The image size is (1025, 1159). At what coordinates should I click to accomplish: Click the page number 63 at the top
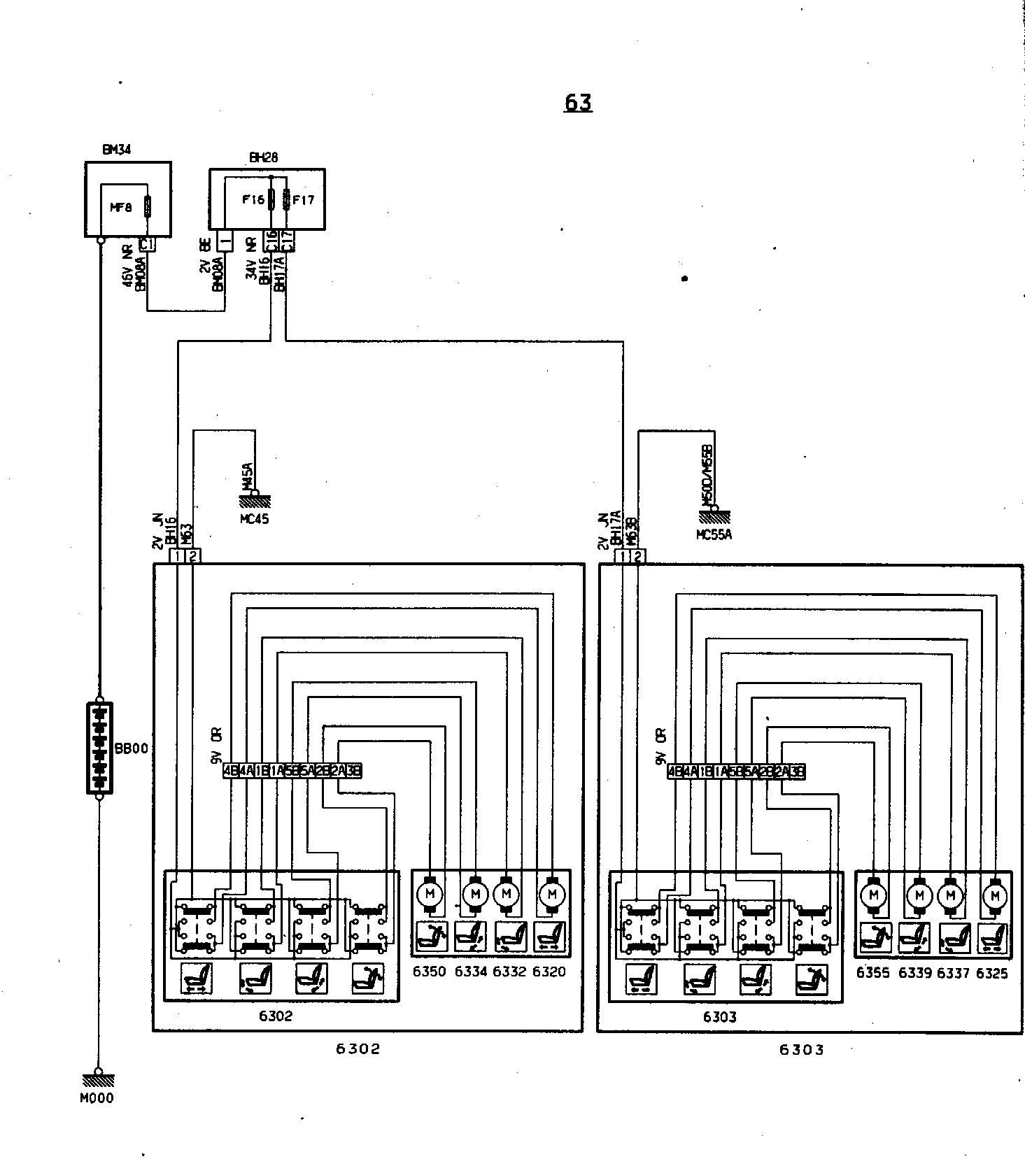[578, 103]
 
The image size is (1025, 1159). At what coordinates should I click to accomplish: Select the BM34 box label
[117, 149]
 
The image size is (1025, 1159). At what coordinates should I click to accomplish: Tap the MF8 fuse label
[121, 207]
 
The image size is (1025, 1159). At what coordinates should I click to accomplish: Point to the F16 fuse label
[253, 200]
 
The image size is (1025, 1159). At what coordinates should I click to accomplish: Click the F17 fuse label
[303, 200]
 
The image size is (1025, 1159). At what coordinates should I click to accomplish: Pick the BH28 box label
[264, 158]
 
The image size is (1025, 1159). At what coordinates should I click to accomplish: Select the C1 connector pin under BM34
[147, 244]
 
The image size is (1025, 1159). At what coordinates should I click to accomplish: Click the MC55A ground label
[714, 535]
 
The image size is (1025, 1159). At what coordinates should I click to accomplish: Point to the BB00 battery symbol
[99, 748]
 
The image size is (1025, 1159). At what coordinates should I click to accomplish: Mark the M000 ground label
[97, 1098]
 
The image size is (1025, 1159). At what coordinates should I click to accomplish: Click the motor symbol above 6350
[430, 893]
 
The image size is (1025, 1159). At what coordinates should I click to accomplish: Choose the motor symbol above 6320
[553, 893]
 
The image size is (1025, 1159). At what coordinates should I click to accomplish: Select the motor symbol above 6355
[873, 895]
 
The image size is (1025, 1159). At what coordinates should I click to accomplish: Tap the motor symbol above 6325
[994, 895]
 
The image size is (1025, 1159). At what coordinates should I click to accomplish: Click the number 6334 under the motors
[471, 972]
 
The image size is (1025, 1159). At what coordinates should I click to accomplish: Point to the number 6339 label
[915, 973]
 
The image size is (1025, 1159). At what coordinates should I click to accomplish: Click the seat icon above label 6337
[954, 938]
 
